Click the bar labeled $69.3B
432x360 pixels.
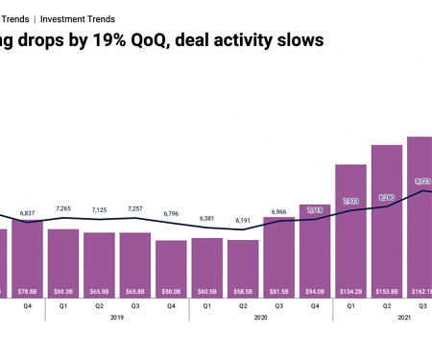(63, 264)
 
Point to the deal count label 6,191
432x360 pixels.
(243, 220)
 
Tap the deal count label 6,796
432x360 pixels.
(171, 213)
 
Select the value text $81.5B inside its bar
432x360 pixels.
(278, 290)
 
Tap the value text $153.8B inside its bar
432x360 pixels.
(386, 290)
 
